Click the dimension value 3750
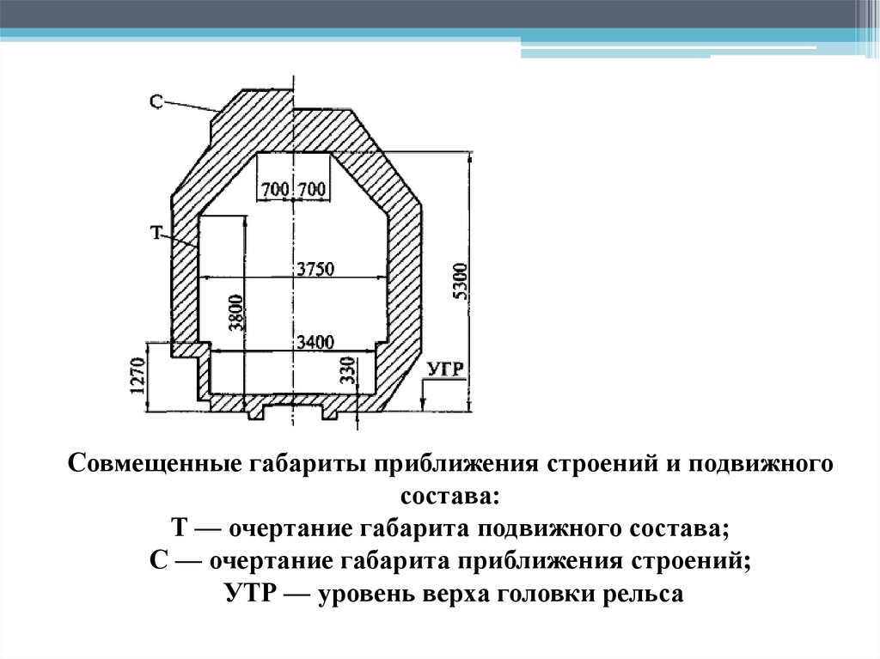pos(315,268)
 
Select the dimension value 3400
pos(315,342)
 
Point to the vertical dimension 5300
pos(459,279)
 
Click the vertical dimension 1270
pos(137,376)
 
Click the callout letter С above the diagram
pos(156,101)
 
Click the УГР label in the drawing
pos(445,370)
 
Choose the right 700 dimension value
pos(312,189)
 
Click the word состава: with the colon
pos(449,497)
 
